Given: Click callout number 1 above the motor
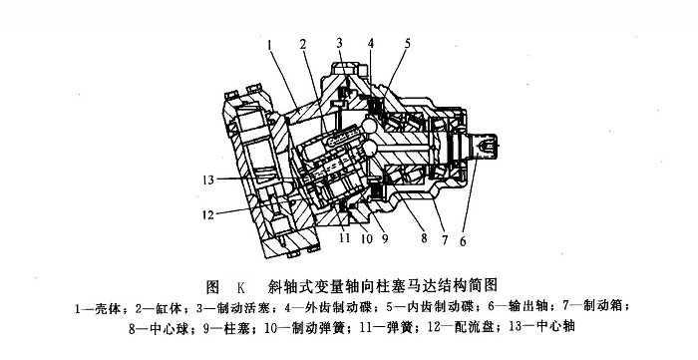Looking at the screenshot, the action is pyautogui.click(x=270, y=44).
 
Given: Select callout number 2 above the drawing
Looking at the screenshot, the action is pyautogui.click(x=303, y=44).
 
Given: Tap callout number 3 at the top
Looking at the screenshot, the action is pyautogui.click(x=340, y=43).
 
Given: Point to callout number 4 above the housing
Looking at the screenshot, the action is pyautogui.click(x=371, y=43).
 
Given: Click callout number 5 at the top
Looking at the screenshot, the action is pyautogui.click(x=407, y=43).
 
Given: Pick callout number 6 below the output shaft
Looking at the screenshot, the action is pyautogui.click(x=463, y=241).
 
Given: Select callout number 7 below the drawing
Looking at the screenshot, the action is pyautogui.click(x=445, y=240).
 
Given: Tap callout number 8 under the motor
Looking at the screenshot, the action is pyautogui.click(x=424, y=238).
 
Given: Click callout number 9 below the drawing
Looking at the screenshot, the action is pyautogui.click(x=385, y=239).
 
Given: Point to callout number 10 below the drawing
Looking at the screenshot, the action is pyautogui.click(x=367, y=239).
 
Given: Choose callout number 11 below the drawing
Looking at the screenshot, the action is pyautogui.click(x=344, y=239).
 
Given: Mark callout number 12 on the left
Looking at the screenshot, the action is pyautogui.click(x=208, y=215).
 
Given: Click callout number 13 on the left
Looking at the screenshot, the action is pyautogui.click(x=208, y=180).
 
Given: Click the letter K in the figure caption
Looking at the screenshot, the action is pyautogui.click(x=241, y=287).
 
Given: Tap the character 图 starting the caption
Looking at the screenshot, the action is pyautogui.click(x=212, y=287).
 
